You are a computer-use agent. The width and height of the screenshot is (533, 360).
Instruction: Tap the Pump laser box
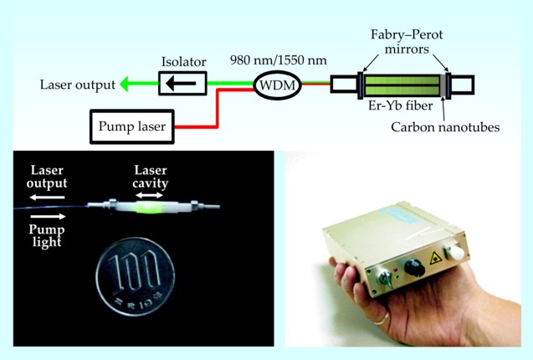131,127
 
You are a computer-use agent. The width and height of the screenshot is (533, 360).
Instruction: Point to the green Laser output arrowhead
126,83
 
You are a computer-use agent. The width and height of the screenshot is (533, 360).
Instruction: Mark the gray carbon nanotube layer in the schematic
438,84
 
